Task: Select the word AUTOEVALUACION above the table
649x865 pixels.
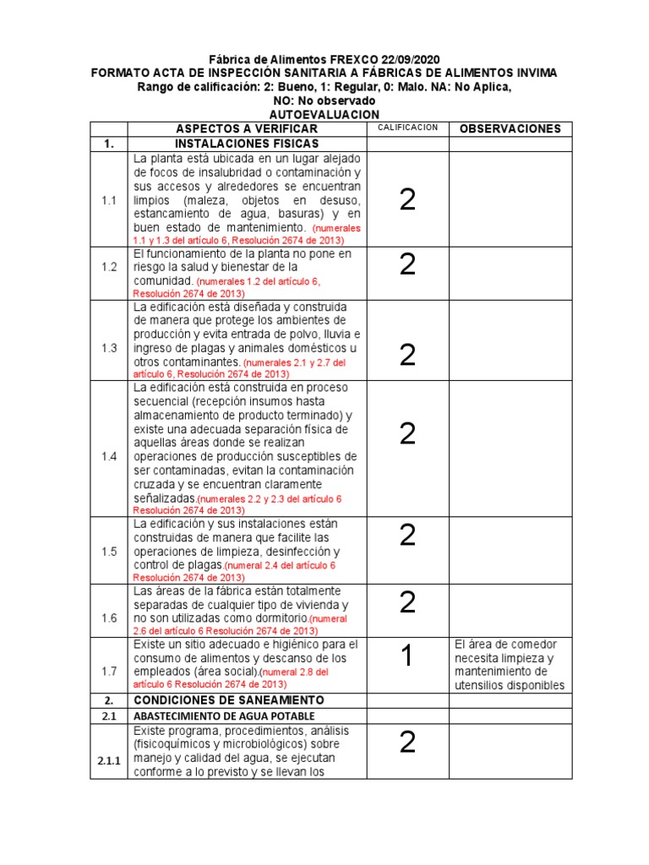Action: [x=324, y=114]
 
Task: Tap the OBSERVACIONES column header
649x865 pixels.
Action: [x=510, y=128]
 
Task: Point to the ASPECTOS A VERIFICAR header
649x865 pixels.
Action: [x=246, y=128]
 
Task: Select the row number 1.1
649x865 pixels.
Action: [x=108, y=200]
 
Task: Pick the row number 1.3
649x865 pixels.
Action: [x=108, y=348]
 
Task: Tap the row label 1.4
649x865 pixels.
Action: [x=108, y=455]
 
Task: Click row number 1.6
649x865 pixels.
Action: [x=108, y=617]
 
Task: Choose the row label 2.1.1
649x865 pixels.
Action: [x=108, y=760]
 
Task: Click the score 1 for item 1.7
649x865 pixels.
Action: [x=407, y=656]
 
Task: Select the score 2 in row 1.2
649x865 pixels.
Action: [x=407, y=264]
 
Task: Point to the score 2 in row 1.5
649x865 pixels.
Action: [x=407, y=535]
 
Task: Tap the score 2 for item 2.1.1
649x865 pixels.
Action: [x=407, y=743]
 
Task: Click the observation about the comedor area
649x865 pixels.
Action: [x=509, y=665]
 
